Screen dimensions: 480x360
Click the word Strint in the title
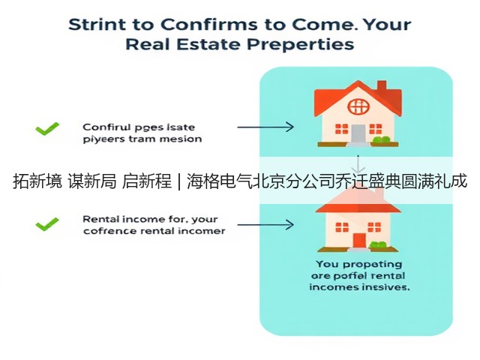[x=97, y=24]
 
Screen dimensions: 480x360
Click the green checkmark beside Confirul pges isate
[x=47, y=128]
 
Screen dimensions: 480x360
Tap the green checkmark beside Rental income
[x=47, y=224]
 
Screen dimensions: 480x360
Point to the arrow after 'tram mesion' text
[x=265, y=127]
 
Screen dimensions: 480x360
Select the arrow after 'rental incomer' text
[x=265, y=225]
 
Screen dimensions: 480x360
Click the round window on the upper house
[x=358, y=106]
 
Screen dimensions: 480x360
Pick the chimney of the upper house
[x=382, y=86]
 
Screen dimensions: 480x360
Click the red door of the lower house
[x=359, y=240]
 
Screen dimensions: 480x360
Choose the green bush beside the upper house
[x=381, y=139]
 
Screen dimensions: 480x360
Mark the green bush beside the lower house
[x=378, y=244]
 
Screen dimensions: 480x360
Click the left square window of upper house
[x=342, y=129]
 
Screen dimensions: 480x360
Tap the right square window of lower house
[x=374, y=227]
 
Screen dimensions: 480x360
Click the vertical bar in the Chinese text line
[x=179, y=181]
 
